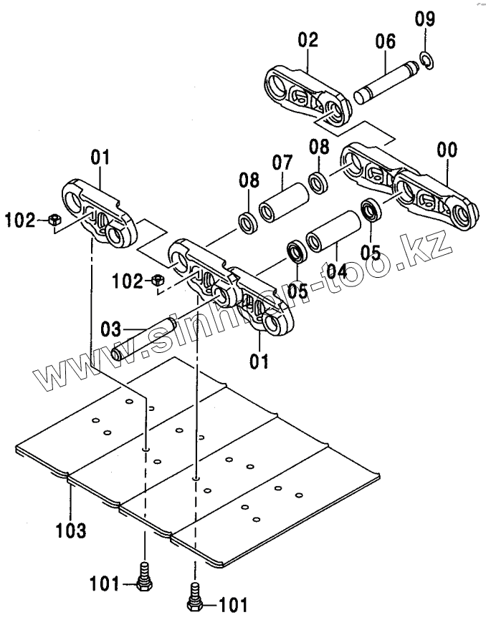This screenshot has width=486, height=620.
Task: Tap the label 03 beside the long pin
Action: coord(111,330)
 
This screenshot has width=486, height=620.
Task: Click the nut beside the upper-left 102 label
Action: coord(54,221)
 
